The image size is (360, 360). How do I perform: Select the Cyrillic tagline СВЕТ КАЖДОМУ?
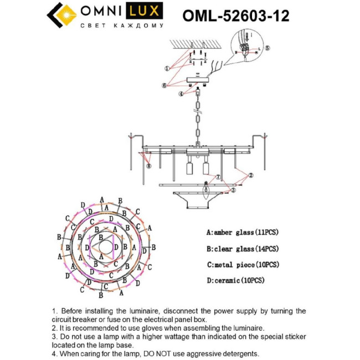122,25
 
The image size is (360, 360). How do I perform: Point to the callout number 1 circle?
166,68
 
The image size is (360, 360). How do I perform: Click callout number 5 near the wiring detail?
268,48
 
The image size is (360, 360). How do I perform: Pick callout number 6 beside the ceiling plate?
164,85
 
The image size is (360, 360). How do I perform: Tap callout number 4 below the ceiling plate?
181,94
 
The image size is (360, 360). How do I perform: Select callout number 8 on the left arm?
148,165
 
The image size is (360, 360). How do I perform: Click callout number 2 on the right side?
250,175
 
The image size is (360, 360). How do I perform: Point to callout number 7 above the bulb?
218,177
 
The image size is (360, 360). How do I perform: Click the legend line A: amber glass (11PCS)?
242,233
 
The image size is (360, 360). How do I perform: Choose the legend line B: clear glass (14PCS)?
242,249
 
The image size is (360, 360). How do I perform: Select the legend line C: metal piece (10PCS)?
243,265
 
